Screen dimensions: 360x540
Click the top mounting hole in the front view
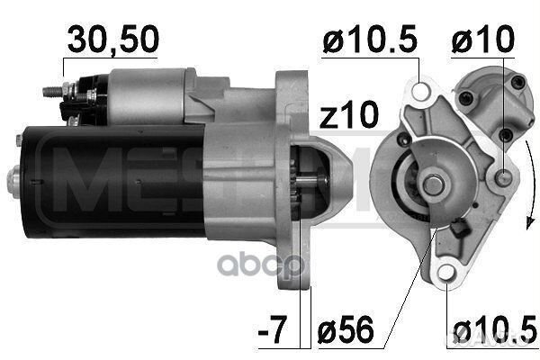[x=421, y=90]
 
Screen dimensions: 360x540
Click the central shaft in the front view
[x=434, y=184]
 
